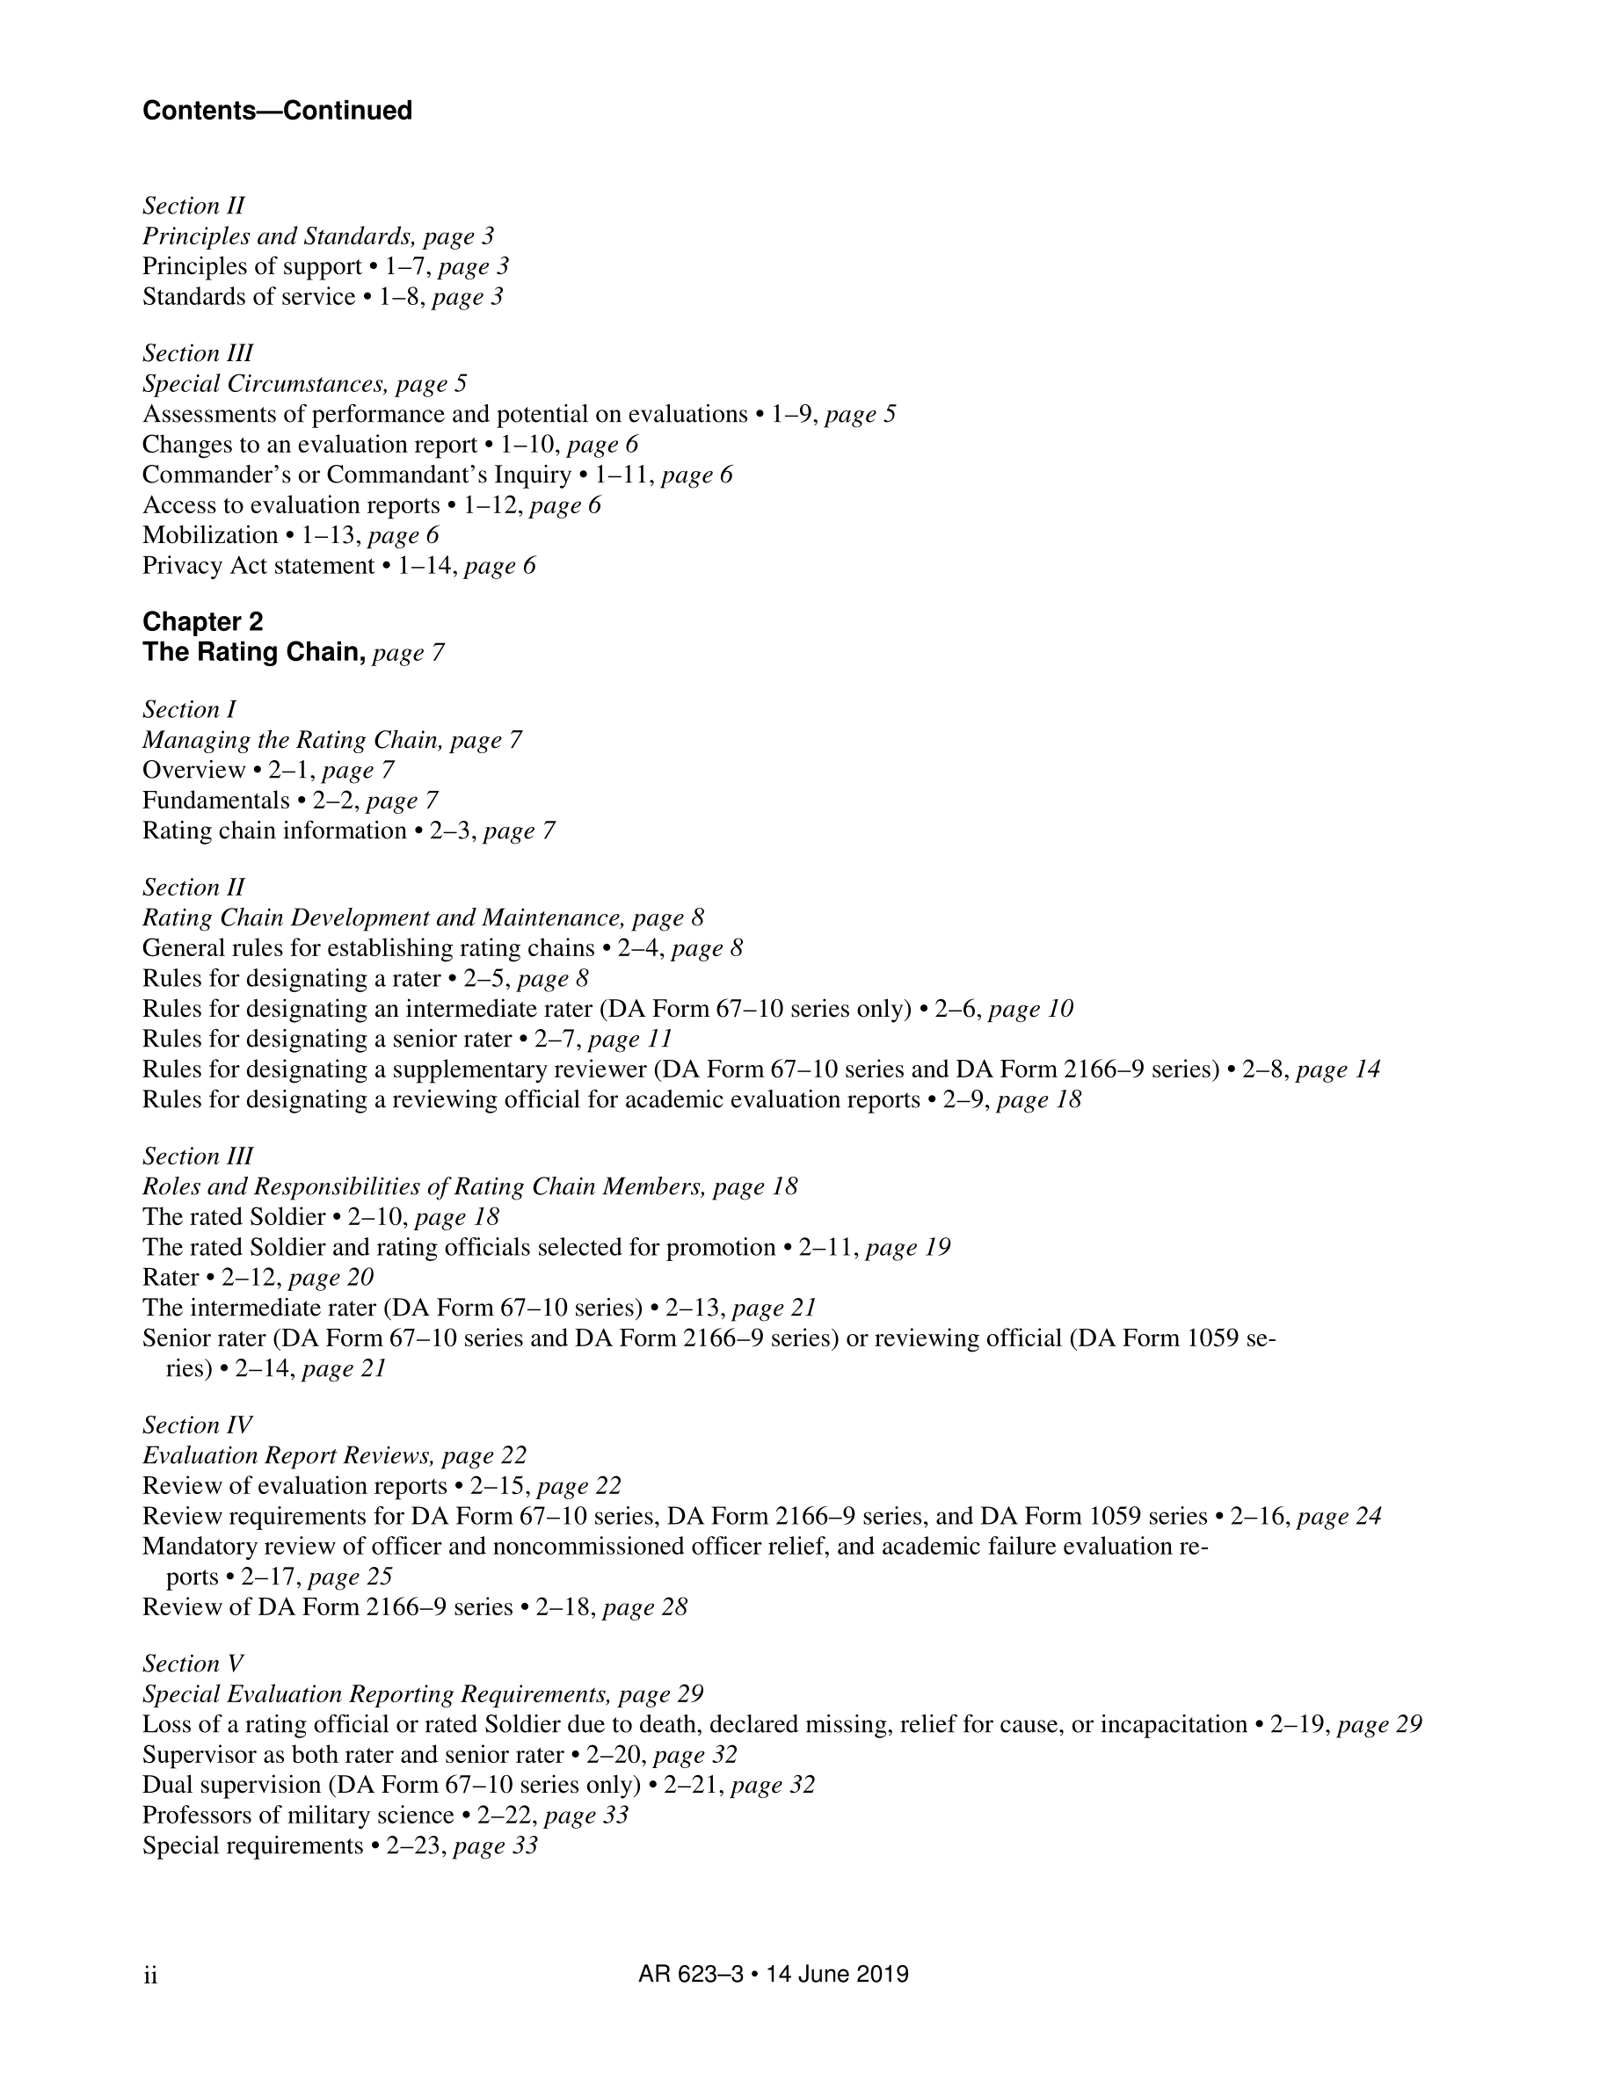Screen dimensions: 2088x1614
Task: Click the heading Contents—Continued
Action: [277, 111]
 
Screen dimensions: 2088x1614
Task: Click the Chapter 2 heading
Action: [203, 622]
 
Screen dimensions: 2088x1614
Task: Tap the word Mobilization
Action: [210, 535]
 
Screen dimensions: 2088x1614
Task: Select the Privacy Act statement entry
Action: [258, 566]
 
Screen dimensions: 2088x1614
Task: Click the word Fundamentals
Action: [216, 801]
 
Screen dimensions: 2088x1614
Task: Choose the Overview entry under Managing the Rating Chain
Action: [194, 771]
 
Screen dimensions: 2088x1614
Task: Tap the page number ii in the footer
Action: [150, 1976]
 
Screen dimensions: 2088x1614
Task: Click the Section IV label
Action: [197, 1425]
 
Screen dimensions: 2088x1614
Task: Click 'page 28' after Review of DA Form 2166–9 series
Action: [645, 1608]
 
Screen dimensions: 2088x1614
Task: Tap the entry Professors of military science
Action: [298, 1816]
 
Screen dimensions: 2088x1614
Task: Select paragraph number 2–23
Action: [415, 1846]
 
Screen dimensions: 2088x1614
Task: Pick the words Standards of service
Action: [249, 297]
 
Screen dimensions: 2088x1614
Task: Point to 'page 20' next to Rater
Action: [331, 1279]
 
